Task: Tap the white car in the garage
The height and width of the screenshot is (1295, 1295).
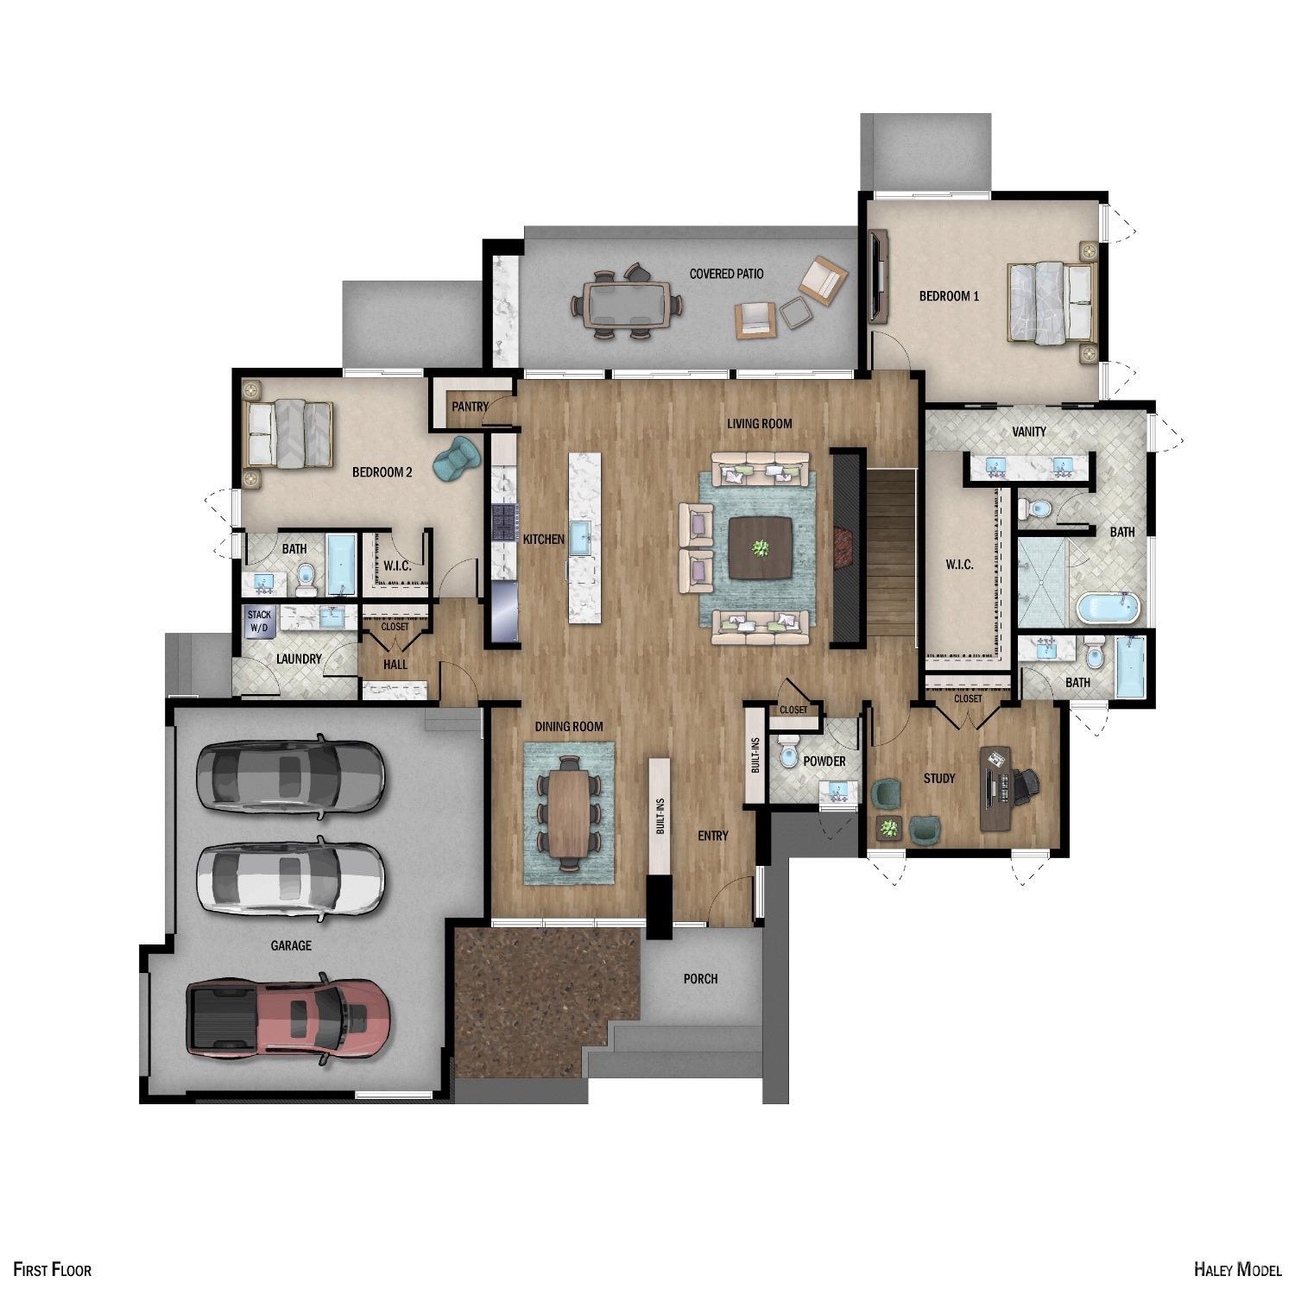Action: click(290, 878)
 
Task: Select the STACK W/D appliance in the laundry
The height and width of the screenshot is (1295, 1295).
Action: click(260, 622)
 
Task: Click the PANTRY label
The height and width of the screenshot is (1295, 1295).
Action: click(470, 407)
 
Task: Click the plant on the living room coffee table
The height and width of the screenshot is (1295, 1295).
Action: click(761, 548)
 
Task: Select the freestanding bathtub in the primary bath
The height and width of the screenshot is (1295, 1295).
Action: click(1108, 608)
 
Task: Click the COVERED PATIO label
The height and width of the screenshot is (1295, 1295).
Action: click(726, 274)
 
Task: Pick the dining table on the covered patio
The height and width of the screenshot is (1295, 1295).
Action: click(626, 304)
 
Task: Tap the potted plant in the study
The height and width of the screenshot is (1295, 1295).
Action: click(888, 829)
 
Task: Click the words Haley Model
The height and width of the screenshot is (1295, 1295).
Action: click(1237, 1268)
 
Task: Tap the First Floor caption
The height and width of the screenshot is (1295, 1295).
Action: click(52, 1268)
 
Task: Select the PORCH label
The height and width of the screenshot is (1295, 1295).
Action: click(700, 978)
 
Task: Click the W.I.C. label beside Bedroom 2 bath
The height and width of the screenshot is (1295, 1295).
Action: click(397, 566)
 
